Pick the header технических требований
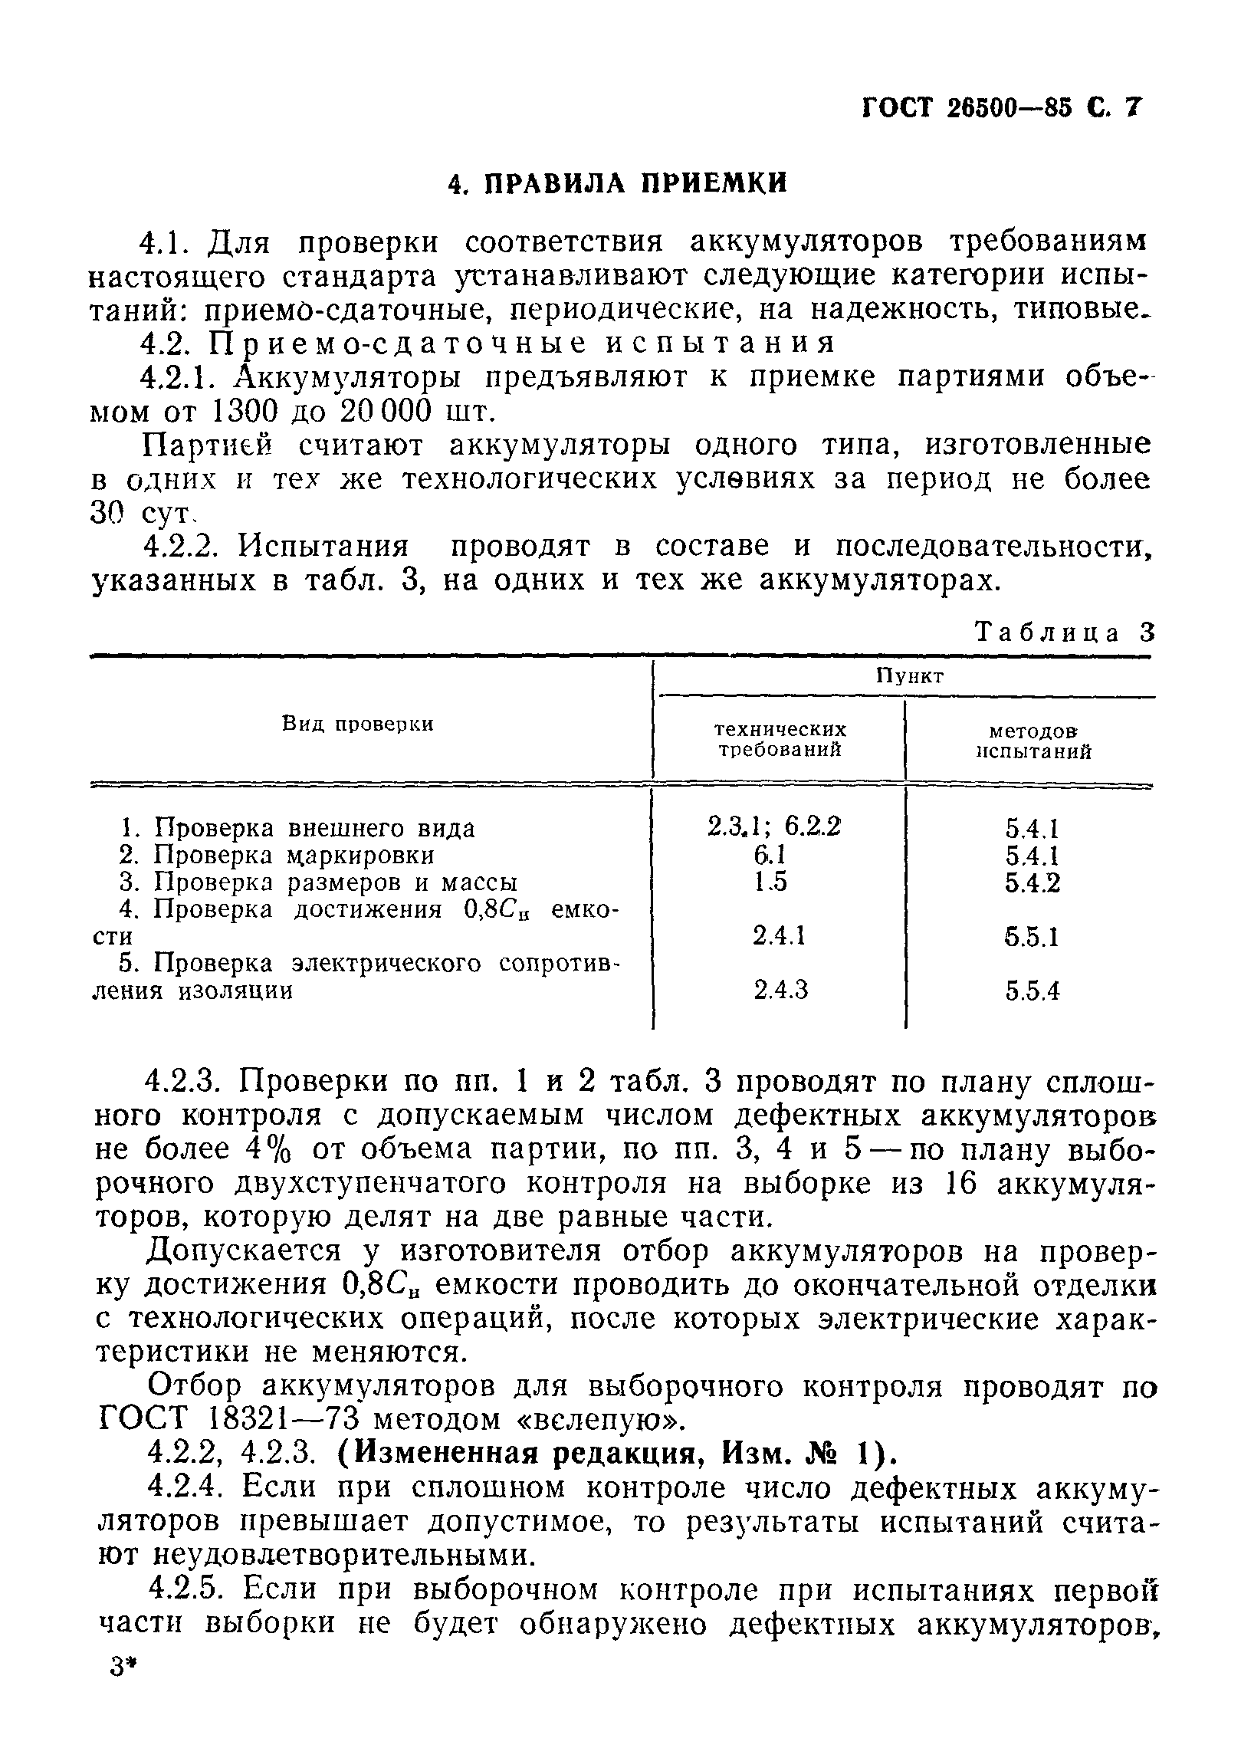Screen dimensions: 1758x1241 tap(780, 739)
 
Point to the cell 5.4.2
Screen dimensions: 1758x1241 tap(1032, 883)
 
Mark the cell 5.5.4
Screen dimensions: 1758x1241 tap(1032, 991)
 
